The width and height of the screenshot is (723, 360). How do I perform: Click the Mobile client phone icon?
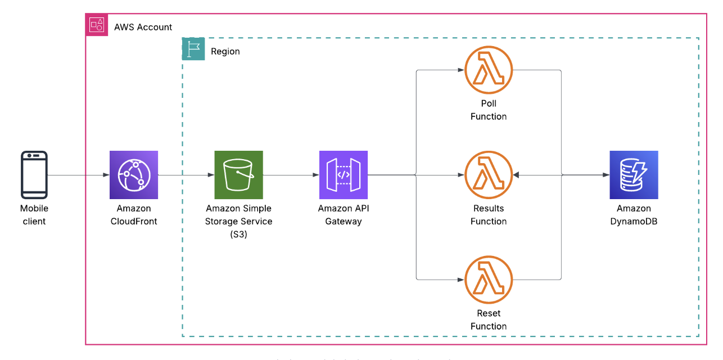(x=34, y=175)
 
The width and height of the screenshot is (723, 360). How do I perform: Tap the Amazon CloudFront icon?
(x=134, y=175)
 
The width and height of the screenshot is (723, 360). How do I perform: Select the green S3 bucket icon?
(x=238, y=175)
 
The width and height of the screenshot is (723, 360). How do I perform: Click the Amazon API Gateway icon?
(x=343, y=175)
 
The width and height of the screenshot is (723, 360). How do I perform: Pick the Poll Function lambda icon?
(x=489, y=70)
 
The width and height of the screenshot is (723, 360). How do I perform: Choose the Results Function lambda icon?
(x=489, y=175)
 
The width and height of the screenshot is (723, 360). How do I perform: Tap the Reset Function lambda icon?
(x=489, y=280)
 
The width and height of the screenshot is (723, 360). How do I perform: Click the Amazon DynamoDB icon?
(x=634, y=175)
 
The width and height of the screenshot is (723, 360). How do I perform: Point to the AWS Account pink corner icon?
(x=96, y=25)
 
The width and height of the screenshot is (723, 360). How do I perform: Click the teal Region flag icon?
(x=193, y=49)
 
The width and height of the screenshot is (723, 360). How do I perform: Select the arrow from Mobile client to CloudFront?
(x=79, y=175)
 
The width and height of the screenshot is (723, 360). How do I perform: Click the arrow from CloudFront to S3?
(x=186, y=175)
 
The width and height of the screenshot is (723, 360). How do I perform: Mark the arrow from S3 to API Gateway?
(x=291, y=175)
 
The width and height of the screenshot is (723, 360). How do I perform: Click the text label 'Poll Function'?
(x=489, y=110)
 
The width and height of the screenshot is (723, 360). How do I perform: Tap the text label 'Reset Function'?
(x=489, y=319)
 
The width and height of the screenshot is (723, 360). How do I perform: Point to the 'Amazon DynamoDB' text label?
(x=634, y=215)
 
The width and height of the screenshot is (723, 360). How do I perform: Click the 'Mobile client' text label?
(x=34, y=215)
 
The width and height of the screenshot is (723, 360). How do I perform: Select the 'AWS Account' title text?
(x=143, y=27)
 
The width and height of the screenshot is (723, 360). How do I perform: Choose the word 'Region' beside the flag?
(x=225, y=51)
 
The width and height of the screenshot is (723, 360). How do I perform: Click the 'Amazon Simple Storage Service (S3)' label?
(x=238, y=221)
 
